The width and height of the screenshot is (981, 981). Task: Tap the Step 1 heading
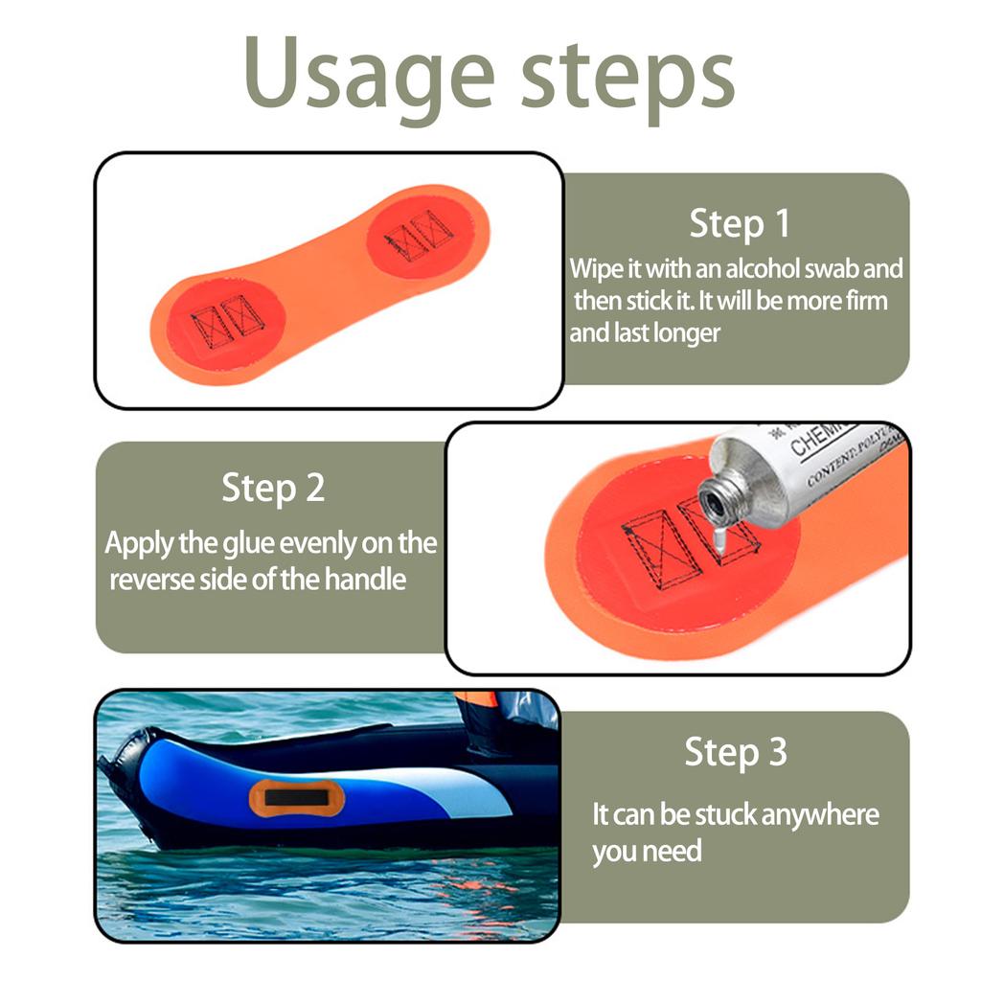[740, 223]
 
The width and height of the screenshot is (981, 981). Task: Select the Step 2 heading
[273, 488]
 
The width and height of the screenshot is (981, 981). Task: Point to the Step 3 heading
[735, 752]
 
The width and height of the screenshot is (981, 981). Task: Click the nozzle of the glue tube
[715, 501]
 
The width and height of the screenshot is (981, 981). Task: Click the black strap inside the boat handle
[288, 797]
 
